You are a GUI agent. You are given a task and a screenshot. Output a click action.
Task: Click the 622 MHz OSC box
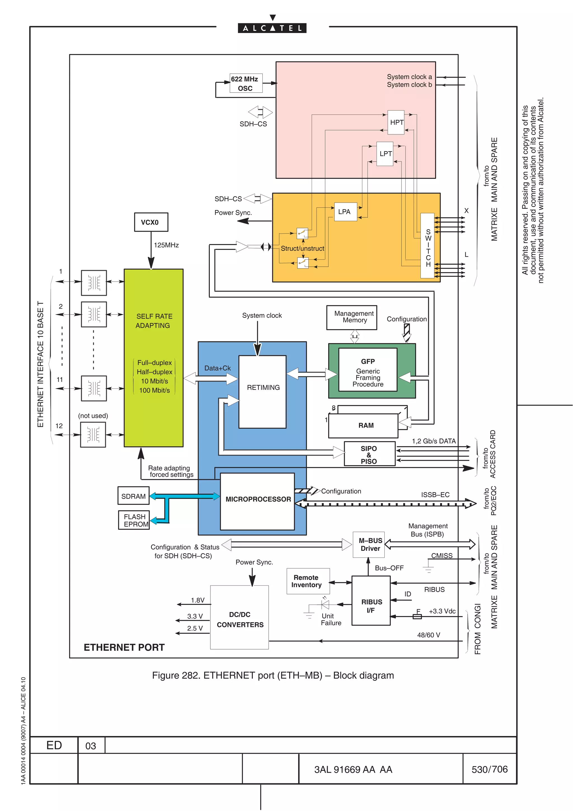coord(246,83)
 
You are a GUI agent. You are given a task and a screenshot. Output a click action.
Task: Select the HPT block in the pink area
coord(396,122)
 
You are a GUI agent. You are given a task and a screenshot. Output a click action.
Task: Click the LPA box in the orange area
coord(345,212)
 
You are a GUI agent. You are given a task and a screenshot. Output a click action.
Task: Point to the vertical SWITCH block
coord(427,246)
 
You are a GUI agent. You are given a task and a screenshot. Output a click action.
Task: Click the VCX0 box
coord(151,222)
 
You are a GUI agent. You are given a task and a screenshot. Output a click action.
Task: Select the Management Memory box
coord(352,318)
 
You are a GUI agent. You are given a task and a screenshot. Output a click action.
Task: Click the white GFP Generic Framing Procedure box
coord(368,370)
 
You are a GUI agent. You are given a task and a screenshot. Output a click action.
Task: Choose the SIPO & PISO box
coord(369,454)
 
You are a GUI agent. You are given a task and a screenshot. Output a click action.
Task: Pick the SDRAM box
coord(133,496)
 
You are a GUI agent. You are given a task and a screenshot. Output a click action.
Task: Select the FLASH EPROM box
coord(134,520)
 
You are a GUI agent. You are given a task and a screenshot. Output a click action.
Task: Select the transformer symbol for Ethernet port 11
coord(93,388)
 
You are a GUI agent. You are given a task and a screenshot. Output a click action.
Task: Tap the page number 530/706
coord(489,769)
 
